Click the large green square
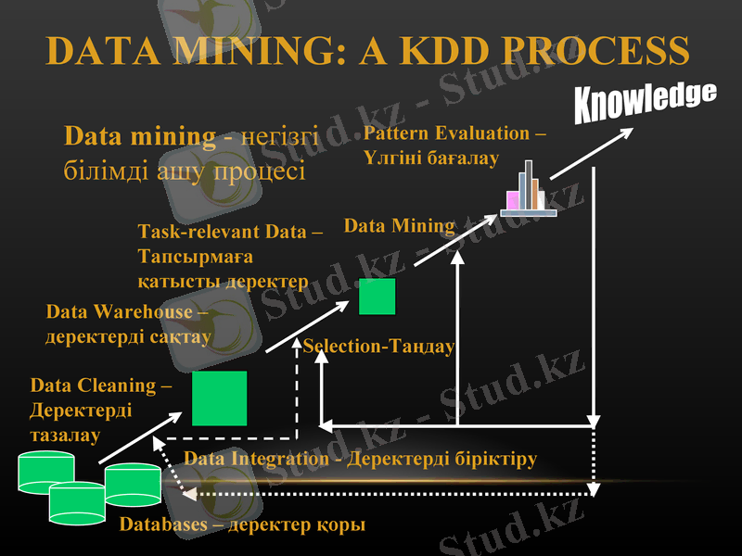click(x=220, y=398)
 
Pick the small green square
click(x=377, y=297)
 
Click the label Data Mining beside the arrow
click(x=400, y=225)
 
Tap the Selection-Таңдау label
click(x=378, y=347)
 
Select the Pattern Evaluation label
click(x=454, y=145)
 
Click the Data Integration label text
click(x=360, y=459)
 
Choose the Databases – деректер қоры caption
click(x=242, y=525)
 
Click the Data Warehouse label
click(x=128, y=324)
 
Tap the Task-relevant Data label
click(x=229, y=256)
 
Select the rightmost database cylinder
click(x=134, y=484)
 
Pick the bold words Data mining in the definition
click(x=139, y=137)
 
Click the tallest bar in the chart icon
click(x=529, y=183)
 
